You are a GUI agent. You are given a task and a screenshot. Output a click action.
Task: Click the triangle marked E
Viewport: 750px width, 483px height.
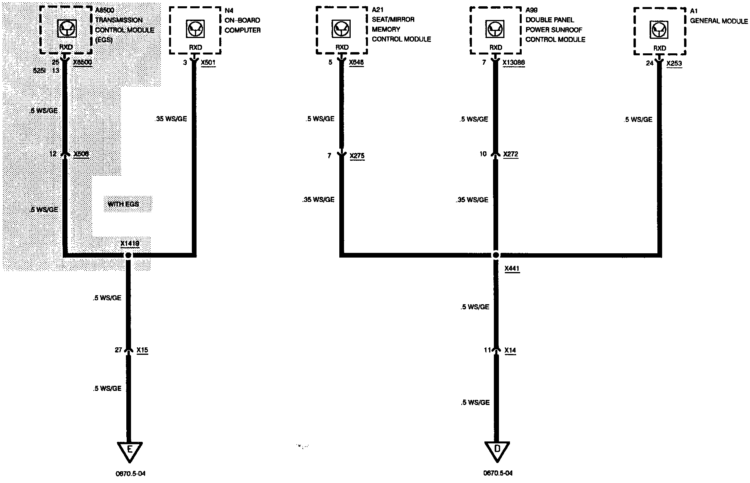coord(129,451)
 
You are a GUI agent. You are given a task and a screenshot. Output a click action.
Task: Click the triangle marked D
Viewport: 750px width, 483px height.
coord(497,451)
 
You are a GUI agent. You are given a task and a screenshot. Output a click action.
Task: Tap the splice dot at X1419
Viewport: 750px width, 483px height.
coord(128,255)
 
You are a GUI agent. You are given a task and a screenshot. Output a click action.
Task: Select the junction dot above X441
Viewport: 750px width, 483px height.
coord(496,255)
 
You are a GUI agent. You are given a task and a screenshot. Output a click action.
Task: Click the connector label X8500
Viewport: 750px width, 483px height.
coord(82,62)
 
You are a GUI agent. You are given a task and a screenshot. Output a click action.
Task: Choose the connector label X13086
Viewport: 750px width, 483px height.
coord(513,62)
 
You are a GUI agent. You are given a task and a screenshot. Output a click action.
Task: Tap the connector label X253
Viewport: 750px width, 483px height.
coord(674,63)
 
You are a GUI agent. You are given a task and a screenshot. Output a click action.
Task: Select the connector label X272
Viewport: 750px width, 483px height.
coord(510,154)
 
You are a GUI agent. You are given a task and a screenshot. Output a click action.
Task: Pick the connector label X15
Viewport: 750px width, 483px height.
coord(142,350)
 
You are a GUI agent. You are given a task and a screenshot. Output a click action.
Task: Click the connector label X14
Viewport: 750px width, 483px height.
coord(510,350)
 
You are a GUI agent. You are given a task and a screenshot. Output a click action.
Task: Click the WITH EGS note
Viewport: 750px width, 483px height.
coord(124,204)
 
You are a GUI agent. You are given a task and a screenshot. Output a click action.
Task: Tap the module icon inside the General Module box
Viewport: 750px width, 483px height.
coord(660,30)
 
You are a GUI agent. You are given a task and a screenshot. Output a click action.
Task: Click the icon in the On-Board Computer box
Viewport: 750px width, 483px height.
coord(195,29)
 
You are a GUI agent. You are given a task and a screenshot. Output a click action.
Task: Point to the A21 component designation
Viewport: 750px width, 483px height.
coord(377,10)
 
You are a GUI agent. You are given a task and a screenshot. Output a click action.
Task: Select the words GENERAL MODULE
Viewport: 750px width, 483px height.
coord(719,21)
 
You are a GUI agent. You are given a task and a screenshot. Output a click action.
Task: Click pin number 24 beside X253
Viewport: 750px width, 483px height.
coord(650,63)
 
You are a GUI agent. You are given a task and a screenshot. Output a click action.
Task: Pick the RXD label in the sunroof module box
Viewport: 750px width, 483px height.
coord(496,47)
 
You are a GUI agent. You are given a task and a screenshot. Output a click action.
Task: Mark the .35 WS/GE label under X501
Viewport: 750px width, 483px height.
coord(171,119)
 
